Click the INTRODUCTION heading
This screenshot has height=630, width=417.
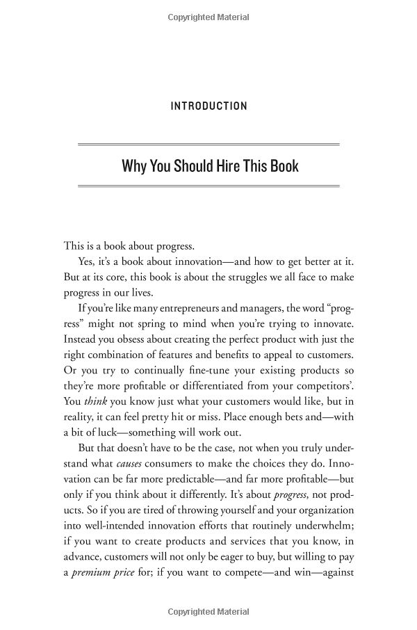[x=208, y=106]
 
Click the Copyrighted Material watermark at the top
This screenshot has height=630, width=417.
[x=208, y=16]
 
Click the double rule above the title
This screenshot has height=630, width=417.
[x=208, y=145]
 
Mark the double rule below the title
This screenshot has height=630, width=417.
[x=208, y=186]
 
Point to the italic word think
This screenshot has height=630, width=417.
[x=96, y=401]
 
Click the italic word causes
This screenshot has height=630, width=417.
[x=122, y=462]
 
